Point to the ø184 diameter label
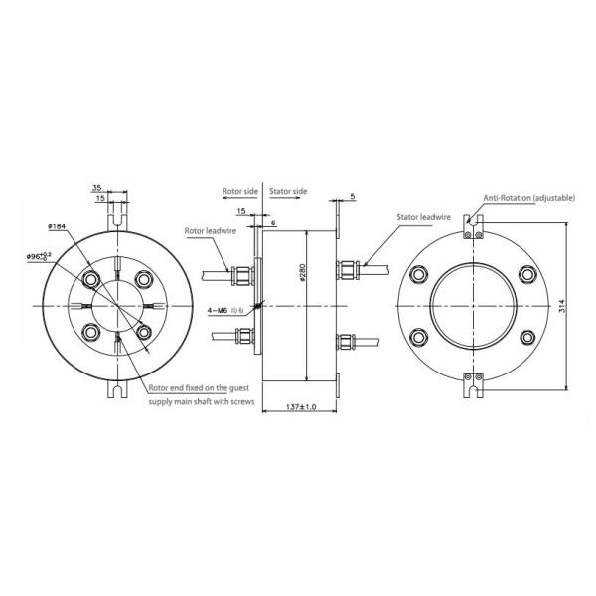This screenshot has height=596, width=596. coord(57,227)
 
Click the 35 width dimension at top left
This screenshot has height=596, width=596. coord(97,186)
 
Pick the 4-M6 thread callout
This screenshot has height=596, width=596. coord(221,311)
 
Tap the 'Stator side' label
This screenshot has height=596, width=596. coord(289,191)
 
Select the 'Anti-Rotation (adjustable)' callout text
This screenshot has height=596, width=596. coord(529,199)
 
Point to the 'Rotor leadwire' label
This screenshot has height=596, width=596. coord(209,232)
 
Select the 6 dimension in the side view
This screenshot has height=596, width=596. coord(273,224)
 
